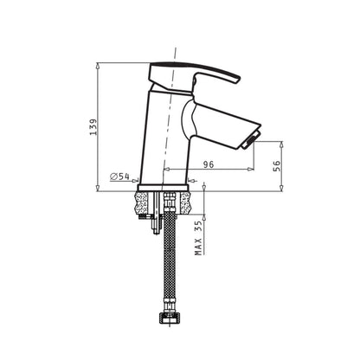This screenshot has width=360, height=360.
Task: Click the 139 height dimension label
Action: [x=93, y=127]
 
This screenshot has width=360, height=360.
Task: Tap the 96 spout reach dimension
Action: [x=209, y=164]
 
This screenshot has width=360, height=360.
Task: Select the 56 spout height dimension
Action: [x=276, y=166]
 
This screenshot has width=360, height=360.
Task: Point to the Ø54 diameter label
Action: [x=119, y=177]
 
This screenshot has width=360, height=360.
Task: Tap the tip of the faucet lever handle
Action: [x=238, y=80]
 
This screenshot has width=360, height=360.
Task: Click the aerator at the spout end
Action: [x=251, y=139]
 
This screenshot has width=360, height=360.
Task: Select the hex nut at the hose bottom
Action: [x=169, y=319]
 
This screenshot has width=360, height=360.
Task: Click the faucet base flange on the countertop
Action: [x=164, y=188]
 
